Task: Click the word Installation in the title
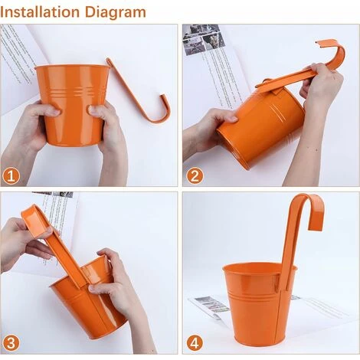pos(40,12)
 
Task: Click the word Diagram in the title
pos(116,13)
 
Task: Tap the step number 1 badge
pos(11,176)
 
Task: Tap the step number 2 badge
pos(195,176)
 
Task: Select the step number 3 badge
pos(11,343)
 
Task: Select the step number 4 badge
pos(195,343)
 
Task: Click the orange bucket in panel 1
pos(72,105)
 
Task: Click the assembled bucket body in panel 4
pos(259,304)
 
